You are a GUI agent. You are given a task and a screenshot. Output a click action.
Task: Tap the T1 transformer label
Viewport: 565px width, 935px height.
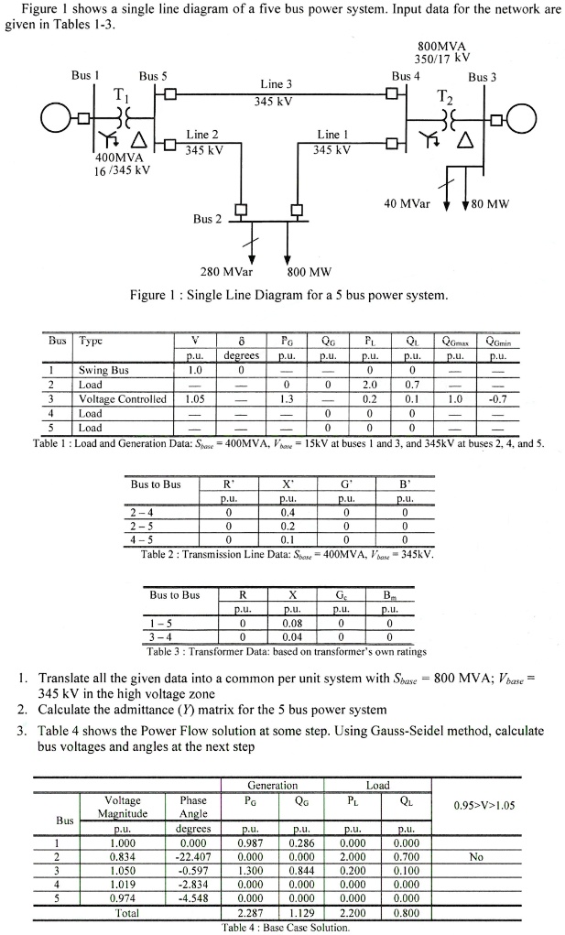click(121, 97)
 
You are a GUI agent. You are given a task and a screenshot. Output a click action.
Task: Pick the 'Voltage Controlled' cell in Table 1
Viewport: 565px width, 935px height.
click(123, 399)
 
